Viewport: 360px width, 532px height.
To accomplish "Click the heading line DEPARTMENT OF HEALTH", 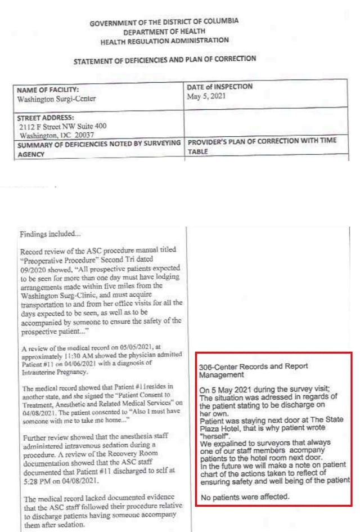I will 164,32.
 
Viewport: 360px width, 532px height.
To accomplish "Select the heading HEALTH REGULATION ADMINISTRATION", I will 164,41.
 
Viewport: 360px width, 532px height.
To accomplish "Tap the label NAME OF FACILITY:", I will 48,90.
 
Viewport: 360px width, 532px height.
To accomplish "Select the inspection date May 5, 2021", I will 205,96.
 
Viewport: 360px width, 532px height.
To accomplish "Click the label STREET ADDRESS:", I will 46,118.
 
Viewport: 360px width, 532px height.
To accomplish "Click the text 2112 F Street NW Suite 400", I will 62,127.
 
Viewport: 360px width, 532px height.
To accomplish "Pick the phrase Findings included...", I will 49,234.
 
